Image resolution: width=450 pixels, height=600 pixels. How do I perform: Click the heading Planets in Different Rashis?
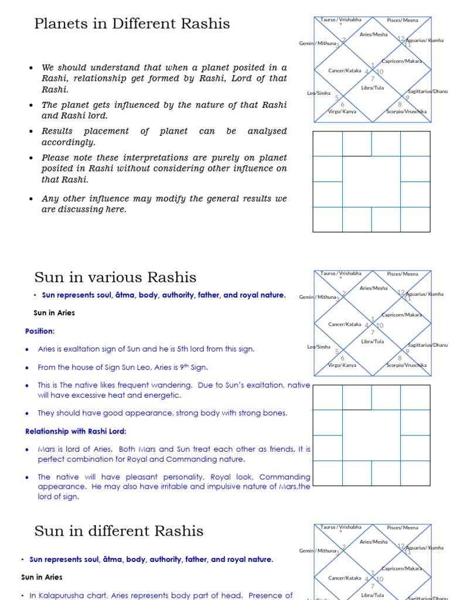[x=132, y=24]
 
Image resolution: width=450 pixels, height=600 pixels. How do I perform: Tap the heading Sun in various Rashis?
[x=115, y=277]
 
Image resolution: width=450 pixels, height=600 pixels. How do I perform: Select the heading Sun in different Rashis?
[x=119, y=531]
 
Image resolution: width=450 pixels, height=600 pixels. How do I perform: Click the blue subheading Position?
[x=40, y=331]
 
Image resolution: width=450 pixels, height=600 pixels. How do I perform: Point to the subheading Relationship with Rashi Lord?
[x=76, y=431]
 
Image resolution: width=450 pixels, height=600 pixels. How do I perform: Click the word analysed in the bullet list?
[x=267, y=131]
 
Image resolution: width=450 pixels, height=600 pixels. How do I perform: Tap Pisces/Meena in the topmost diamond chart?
[x=403, y=20]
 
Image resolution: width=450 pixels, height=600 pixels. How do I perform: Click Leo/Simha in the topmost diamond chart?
[x=319, y=93]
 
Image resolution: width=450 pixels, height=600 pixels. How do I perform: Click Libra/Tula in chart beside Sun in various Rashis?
[x=372, y=341]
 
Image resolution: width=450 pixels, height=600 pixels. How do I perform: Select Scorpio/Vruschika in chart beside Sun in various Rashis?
[x=406, y=365]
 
